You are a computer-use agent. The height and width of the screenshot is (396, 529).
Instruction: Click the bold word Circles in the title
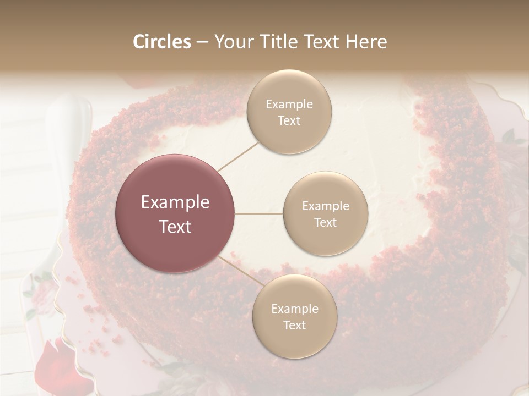[x=162, y=42]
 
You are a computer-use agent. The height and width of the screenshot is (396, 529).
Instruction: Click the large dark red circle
[x=175, y=213]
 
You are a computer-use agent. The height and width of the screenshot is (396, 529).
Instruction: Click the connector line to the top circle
[x=239, y=156]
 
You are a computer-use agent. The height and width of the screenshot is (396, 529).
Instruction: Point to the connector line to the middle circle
[x=259, y=213]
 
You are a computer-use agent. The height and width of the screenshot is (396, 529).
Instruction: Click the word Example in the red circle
[x=175, y=202]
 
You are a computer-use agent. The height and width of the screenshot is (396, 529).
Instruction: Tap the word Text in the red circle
[x=175, y=227]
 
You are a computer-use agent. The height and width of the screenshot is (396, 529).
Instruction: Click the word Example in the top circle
[x=289, y=105]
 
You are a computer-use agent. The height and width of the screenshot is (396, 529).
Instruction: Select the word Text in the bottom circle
[x=294, y=325]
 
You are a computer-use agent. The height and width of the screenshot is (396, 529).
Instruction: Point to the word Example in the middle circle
[x=326, y=206]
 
